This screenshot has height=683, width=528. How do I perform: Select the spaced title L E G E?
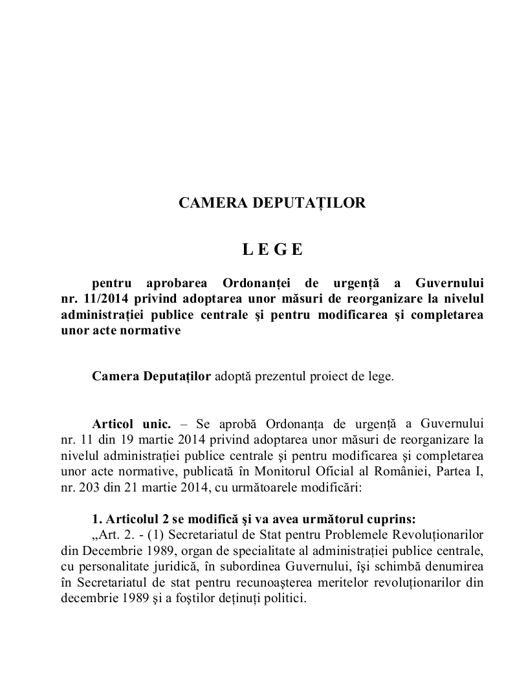point(272,250)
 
